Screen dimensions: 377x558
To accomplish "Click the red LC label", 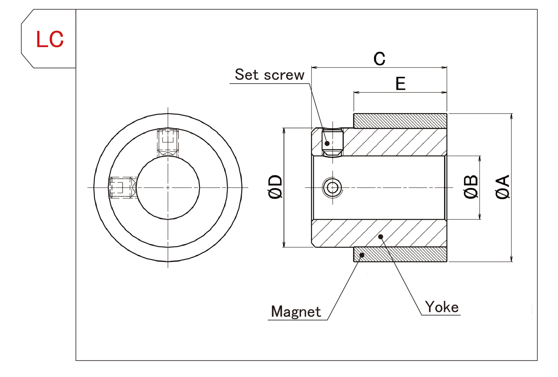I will pos(50,39).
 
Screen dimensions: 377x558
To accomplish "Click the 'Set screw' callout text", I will pos(269,75).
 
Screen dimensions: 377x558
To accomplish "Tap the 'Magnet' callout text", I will pos(296,312).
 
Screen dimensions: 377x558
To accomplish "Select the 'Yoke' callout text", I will pos(442,307).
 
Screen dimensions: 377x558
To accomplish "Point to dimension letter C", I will pos(379,59).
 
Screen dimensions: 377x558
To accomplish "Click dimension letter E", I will pos(400,84).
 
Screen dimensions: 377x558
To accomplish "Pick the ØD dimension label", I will pos(275,187).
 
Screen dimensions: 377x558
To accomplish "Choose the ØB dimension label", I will pos(471,187).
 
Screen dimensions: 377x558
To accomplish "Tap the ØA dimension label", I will pos(502,187).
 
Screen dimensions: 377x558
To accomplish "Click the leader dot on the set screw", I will pos(327,143).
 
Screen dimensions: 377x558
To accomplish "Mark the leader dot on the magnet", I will pos(362,255).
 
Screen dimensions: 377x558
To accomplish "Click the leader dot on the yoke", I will pos(380,237).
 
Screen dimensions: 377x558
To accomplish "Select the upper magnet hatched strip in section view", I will pos(400,121).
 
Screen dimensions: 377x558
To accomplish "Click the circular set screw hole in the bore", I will pos(333,187).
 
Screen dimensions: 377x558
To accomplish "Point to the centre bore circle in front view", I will pos(168,187).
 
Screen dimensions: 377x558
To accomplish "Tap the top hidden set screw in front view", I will pos(168,142).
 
